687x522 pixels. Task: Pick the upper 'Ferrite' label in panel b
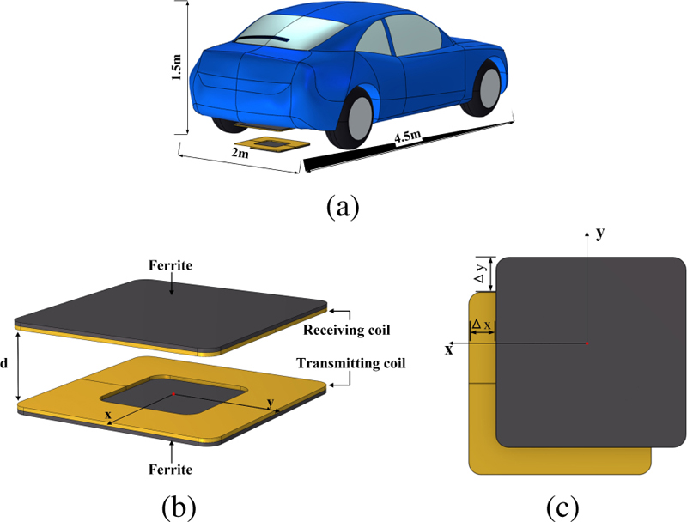[x=173, y=267]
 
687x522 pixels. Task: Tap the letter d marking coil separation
[x=5, y=363]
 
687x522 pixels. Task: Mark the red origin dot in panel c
[x=587, y=343]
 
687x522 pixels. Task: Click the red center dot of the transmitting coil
[x=173, y=394]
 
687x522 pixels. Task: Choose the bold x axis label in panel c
[x=448, y=349]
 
